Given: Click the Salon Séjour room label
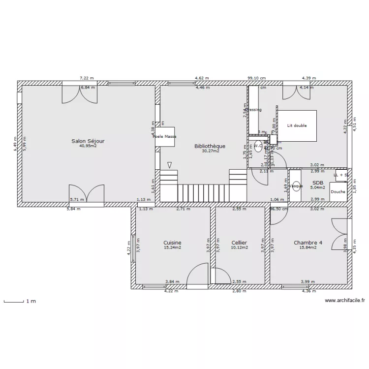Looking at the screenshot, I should tap(88, 141).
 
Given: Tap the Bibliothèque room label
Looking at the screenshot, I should tap(210, 146).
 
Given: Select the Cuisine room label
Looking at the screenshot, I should tap(172, 243).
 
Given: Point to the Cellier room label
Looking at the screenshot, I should tap(239, 243).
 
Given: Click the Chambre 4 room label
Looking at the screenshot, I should tap(308, 243).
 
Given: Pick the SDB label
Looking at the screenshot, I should tap(317, 182).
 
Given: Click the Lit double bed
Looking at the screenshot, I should tap(297, 126).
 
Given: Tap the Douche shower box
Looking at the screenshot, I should tap(338, 191).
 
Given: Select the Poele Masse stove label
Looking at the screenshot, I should tap(164, 136).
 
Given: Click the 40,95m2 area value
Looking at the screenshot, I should tap(88, 146).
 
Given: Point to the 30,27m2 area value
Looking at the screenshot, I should tap(210, 152).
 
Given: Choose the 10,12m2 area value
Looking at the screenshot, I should tap(239, 248).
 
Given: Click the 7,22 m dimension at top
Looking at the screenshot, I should tap(87, 78).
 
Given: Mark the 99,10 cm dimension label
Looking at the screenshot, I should tap(256, 78).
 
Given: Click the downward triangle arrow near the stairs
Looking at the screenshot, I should tap(170, 165).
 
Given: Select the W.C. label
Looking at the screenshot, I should tap(258, 146).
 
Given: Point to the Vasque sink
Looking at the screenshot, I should tap(296, 186).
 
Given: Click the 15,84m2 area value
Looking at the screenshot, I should tap(308, 248).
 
